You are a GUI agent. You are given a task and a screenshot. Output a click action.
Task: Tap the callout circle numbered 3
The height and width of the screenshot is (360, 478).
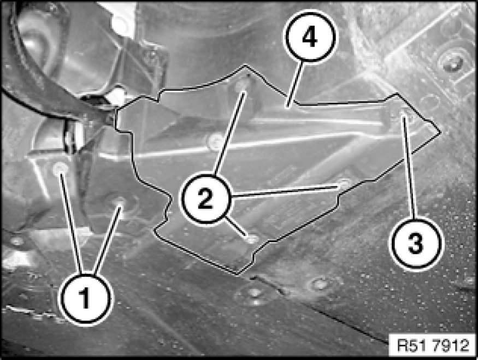415,244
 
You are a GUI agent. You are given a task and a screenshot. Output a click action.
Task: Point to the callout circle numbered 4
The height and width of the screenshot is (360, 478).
309,37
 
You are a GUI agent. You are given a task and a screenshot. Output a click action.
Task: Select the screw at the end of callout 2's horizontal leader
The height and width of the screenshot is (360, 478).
344,184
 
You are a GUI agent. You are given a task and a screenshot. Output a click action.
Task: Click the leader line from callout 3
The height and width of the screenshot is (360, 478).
409,168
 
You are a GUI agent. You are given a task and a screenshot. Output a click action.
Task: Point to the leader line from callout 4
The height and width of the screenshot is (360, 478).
294,84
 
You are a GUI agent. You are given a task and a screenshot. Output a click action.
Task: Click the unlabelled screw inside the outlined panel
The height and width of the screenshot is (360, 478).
215,141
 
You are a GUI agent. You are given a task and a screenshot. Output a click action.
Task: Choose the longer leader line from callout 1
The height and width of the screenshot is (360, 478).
72,222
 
